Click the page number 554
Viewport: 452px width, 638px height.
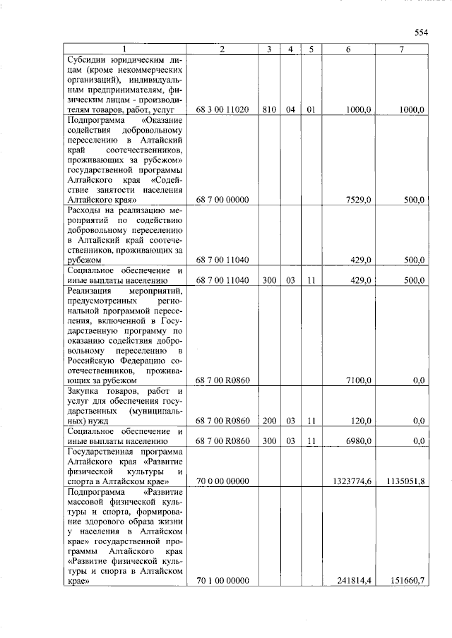pyautogui.click(x=422, y=32)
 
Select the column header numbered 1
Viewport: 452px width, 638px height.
pyautogui.click(x=124, y=49)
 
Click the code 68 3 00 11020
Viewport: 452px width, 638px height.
pyautogui.click(x=222, y=110)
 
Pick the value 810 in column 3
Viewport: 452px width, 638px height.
pyautogui.click(x=269, y=110)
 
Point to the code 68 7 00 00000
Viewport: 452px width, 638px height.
pyautogui.click(x=222, y=200)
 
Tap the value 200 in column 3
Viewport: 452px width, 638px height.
pyautogui.click(x=269, y=421)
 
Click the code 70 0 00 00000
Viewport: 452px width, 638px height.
pyautogui.click(x=222, y=481)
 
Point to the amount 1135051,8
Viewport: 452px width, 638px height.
pyautogui.click(x=406, y=481)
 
